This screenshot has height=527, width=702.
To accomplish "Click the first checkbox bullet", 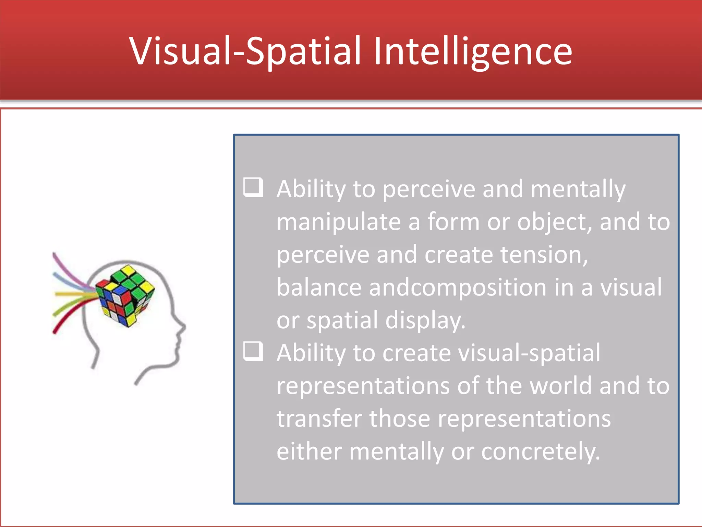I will click(x=253, y=187).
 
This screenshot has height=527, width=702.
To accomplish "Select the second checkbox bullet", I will click(x=253, y=351).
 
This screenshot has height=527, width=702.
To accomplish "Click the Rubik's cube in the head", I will click(x=125, y=295).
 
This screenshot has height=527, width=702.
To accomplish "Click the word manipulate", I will click(x=339, y=222).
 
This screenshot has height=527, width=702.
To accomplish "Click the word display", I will click(x=425, y=320).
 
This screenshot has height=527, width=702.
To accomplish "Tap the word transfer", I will click(x=319, y=419).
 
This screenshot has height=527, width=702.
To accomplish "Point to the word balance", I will click(x=319, y=288).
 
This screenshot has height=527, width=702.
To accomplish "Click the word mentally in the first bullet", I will click(x=578, y=189).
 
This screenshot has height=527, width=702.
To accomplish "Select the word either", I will click(x=309, y=452).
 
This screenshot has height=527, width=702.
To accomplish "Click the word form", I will click(x=453, y=222).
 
